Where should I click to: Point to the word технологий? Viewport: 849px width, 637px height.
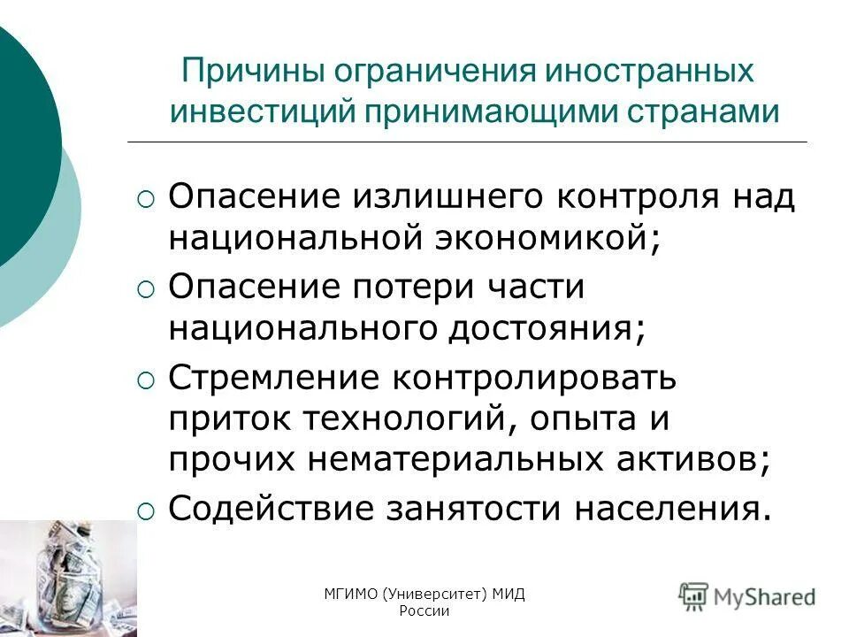click(403, 418)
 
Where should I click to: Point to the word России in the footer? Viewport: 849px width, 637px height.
click(424, 611)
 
